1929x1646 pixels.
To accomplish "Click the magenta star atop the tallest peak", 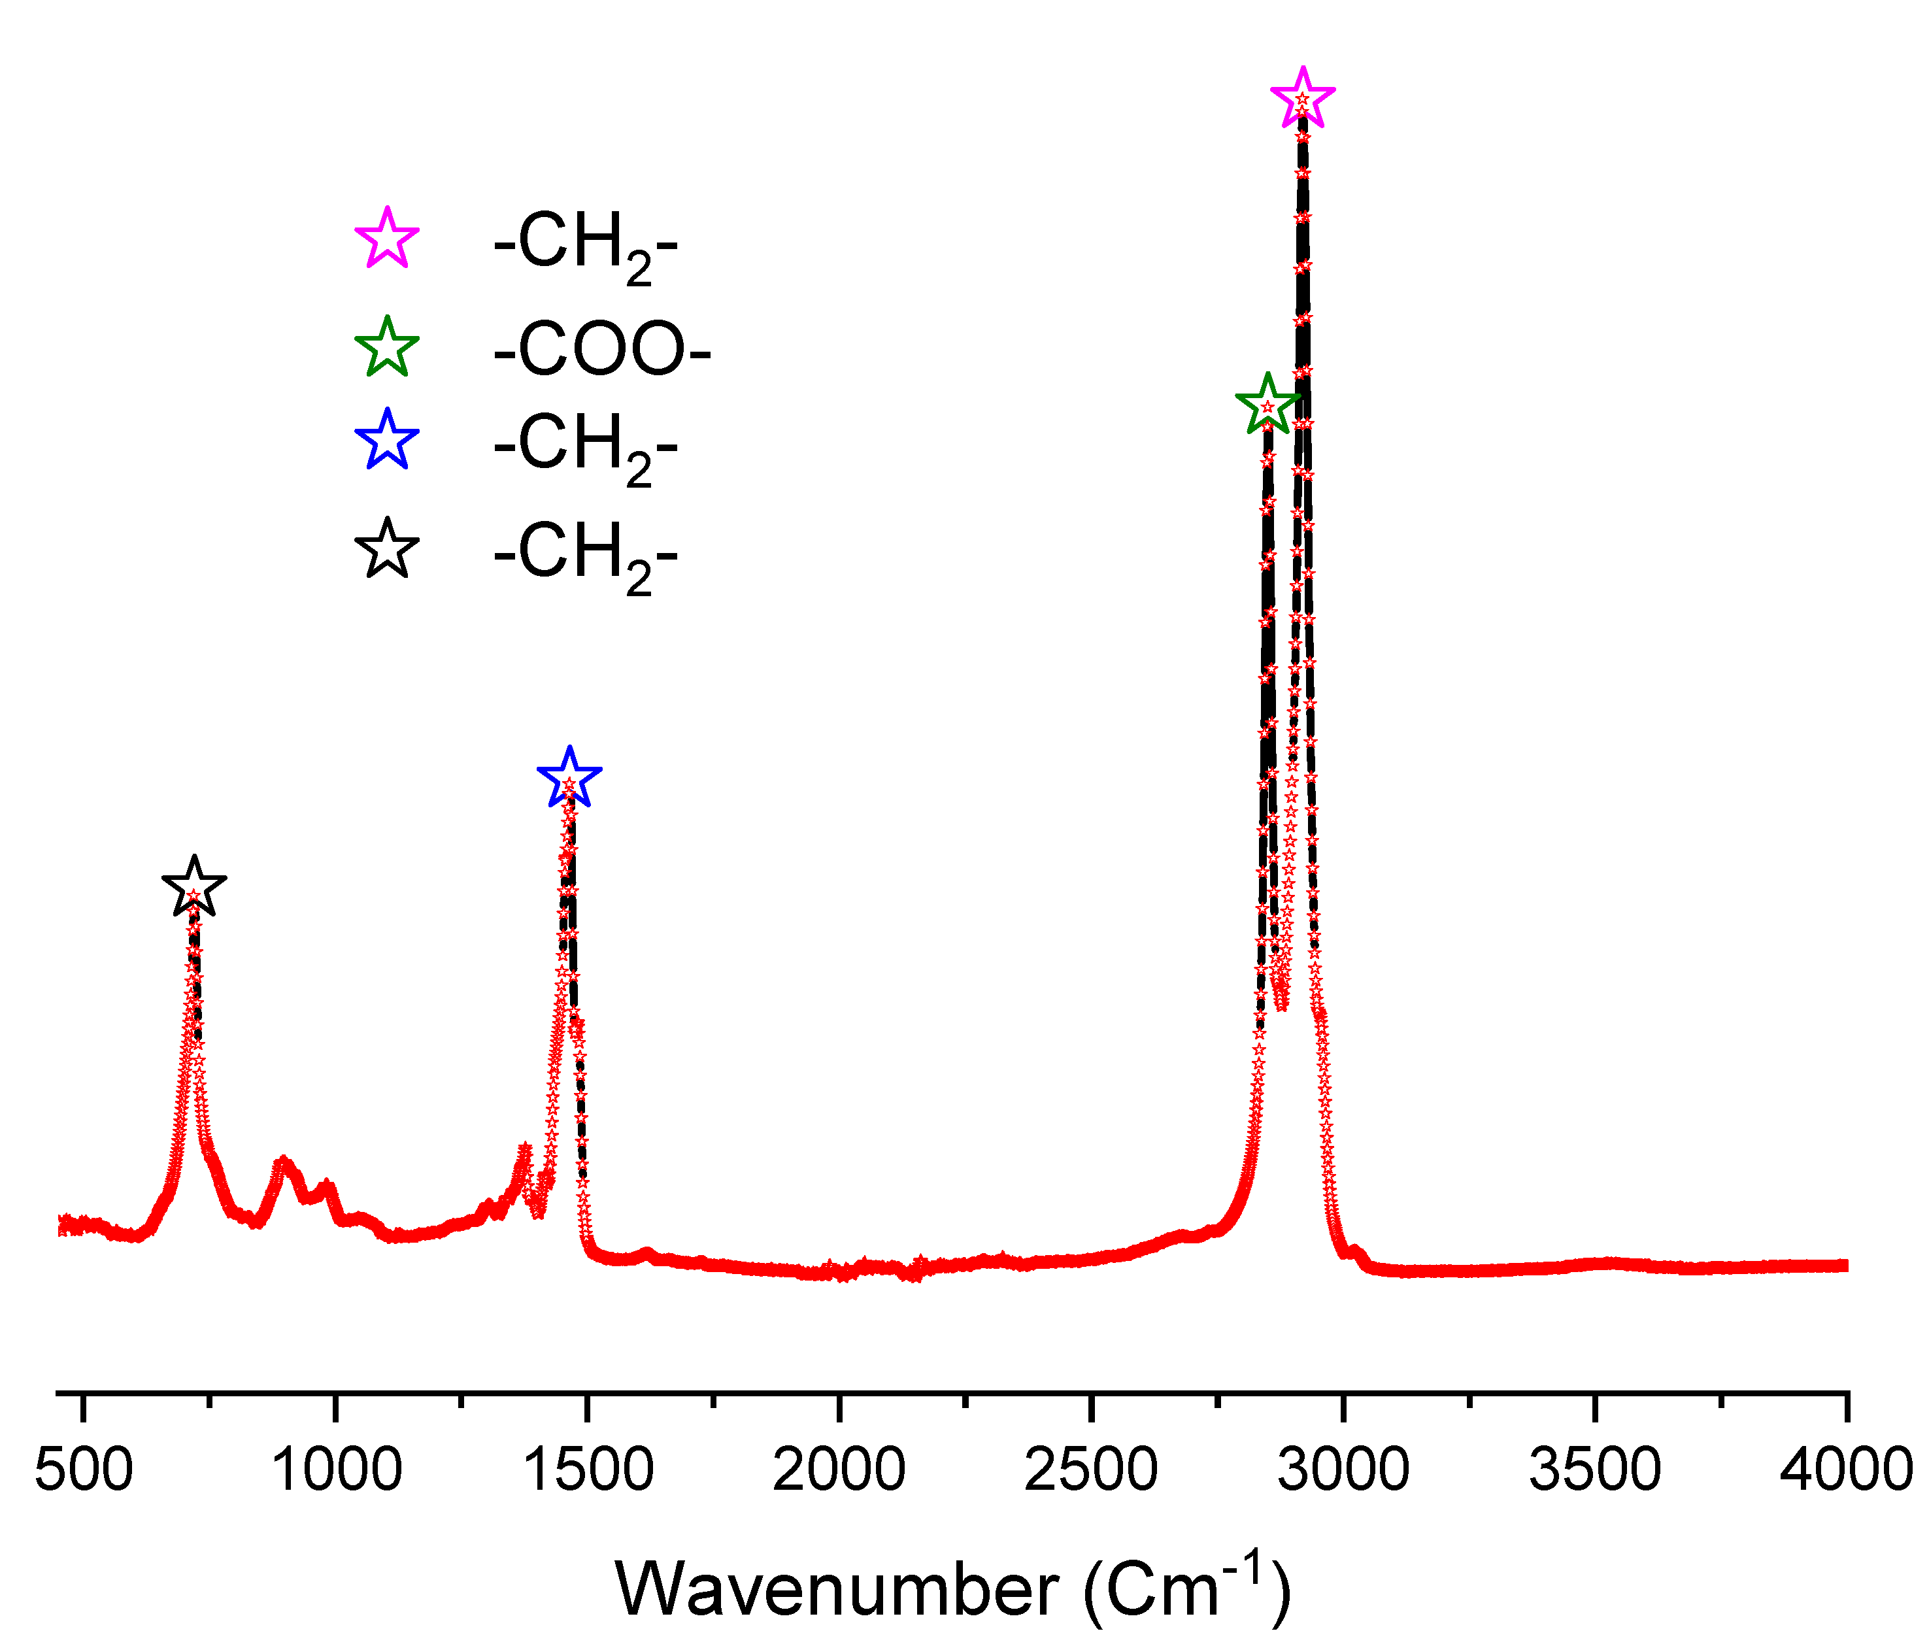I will pos(1302,99).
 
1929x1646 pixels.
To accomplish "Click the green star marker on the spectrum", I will pos(1267,406).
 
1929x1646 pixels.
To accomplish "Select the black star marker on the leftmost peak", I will pos(193,887).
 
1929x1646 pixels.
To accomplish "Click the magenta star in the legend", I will pos(387,239).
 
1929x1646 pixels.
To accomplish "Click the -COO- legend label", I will pos(601,349).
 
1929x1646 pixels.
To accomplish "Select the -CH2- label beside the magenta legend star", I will pos(584,244).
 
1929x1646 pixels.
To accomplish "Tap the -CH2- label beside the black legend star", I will pos(584,555).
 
